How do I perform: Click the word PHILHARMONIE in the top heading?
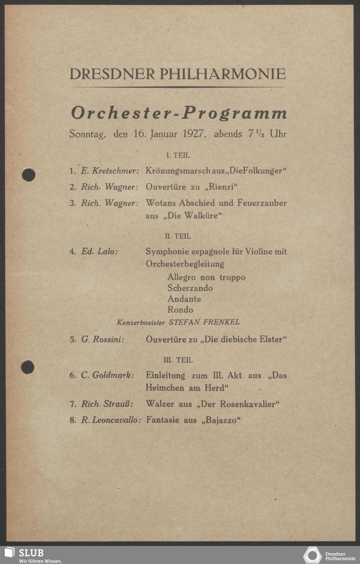coord(223,74)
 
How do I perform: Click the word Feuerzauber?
coord(262,203)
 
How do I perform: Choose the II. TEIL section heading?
coord(178,236)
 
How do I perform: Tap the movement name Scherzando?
coord(190,288)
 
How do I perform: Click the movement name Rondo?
coord(180,310)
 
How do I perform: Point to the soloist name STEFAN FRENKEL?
coord(204,322)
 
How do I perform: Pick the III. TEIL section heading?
coord(178,360)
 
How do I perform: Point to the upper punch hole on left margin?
coord(28,175)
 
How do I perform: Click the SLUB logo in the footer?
coord(24,555)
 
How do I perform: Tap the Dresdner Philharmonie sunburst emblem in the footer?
coord(312,555)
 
